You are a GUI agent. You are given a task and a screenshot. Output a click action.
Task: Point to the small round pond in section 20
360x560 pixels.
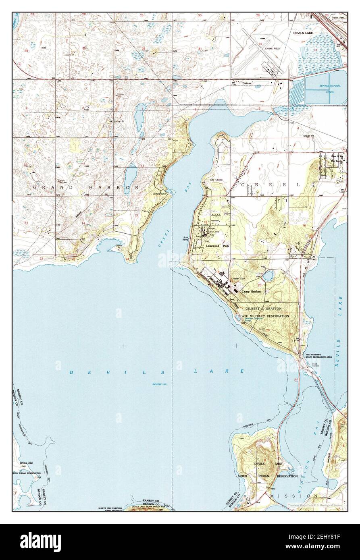[x=267, y=276]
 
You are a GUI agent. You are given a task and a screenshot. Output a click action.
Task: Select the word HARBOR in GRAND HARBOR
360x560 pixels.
[x=121, y=188]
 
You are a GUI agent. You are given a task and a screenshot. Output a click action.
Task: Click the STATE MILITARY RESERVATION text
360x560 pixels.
[x=264, y=316]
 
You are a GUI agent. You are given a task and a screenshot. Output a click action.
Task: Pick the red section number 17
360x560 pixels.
[x=262, y=226]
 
